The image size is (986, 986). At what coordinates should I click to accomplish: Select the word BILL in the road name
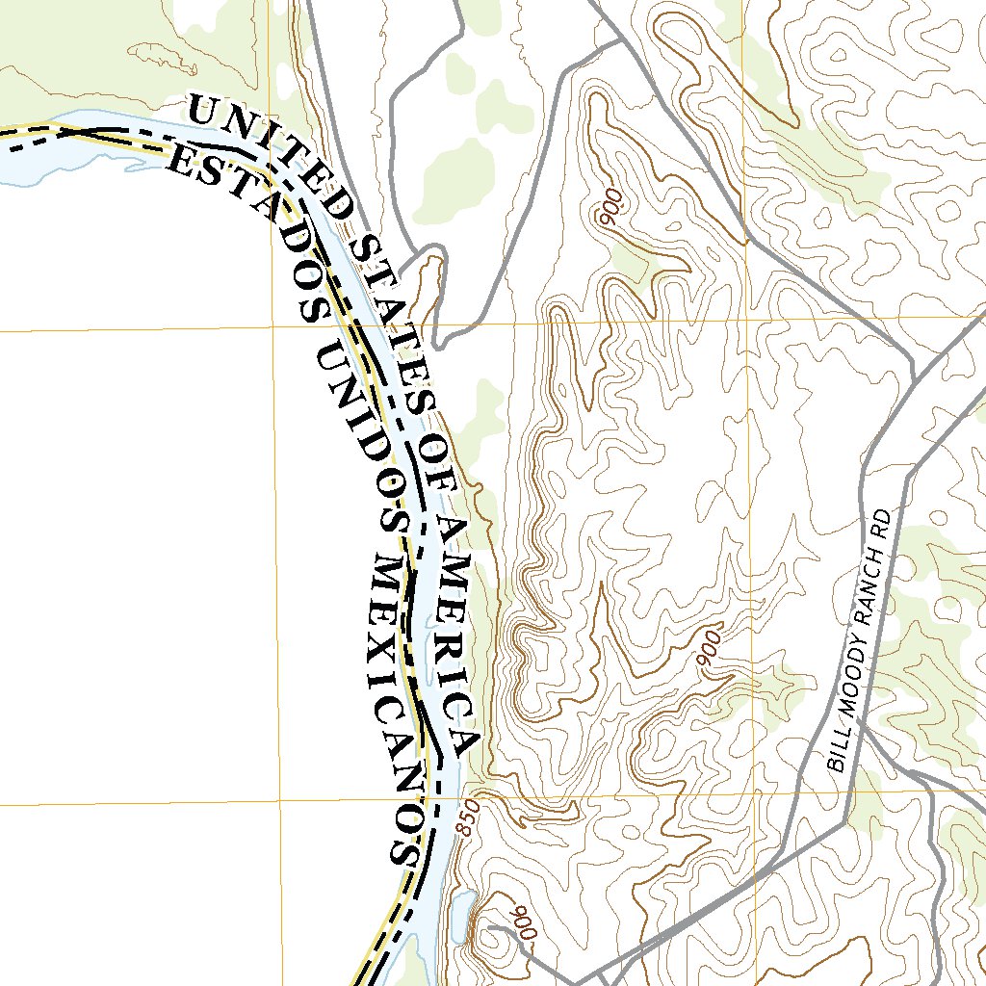point(839,753)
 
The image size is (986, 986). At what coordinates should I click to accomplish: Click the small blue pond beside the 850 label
point(460,912)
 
